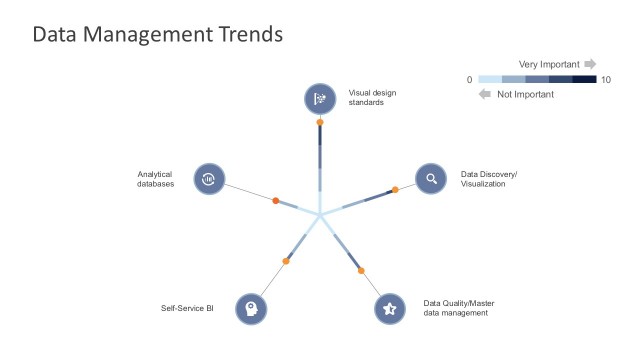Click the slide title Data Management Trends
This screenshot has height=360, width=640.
tap(157, 34)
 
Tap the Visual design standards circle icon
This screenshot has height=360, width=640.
tap(320, 98)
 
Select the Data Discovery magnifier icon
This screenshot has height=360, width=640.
tap(431, 179)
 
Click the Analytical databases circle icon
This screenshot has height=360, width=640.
tap(208, 179)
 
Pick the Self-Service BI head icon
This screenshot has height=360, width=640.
tap(251, 308)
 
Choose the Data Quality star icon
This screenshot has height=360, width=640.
tap(390, 308)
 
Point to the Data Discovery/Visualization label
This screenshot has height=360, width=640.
tap(489, 179)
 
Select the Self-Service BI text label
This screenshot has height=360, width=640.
tap(188, 308)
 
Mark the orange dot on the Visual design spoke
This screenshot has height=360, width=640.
tap(320, 122)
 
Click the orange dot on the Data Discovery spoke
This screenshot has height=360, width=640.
tap(395, 189)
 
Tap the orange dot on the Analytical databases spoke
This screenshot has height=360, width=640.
tap(276, 201)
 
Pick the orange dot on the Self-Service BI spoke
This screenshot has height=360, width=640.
tap(286, 261)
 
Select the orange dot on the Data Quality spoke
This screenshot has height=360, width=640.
tap(361, 270)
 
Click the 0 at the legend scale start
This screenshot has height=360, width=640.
tap(470, 79)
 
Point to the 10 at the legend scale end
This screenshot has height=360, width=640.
tap(605, 79)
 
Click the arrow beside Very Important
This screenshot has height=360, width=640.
tap(590, 64)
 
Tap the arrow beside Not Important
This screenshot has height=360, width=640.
tap(485, 94)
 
